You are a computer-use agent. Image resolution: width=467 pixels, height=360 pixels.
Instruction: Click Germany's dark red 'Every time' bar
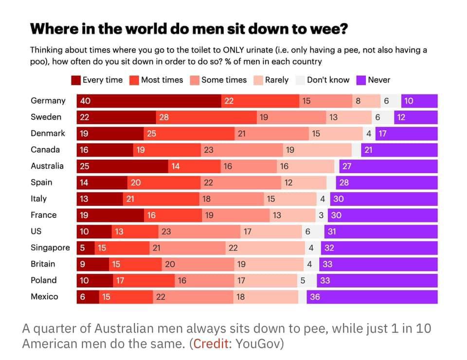(148, 101)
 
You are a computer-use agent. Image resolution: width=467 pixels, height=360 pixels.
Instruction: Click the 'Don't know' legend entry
(327, 80)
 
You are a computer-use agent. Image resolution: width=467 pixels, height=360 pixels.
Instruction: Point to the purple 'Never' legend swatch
(361, 80)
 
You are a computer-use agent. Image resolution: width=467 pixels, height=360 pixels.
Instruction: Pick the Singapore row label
(50, 248)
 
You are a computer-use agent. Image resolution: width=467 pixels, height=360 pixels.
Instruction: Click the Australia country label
(47, 166)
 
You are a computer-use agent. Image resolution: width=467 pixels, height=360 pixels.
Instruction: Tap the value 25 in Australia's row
(85, 166)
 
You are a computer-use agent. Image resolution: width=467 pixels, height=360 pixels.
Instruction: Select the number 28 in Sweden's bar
(164, 117)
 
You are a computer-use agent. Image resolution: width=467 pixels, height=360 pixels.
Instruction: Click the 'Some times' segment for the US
(199, 232)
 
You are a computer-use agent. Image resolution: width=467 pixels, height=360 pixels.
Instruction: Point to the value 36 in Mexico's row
(315, 297)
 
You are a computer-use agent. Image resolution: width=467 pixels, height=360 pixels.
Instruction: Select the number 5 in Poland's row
(303, 281)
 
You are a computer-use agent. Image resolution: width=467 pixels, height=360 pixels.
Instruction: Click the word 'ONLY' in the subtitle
(236, 50)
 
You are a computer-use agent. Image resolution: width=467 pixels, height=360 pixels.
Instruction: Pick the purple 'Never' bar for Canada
(399, 150)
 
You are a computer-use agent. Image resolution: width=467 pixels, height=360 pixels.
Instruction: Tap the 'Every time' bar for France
(110, 215)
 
